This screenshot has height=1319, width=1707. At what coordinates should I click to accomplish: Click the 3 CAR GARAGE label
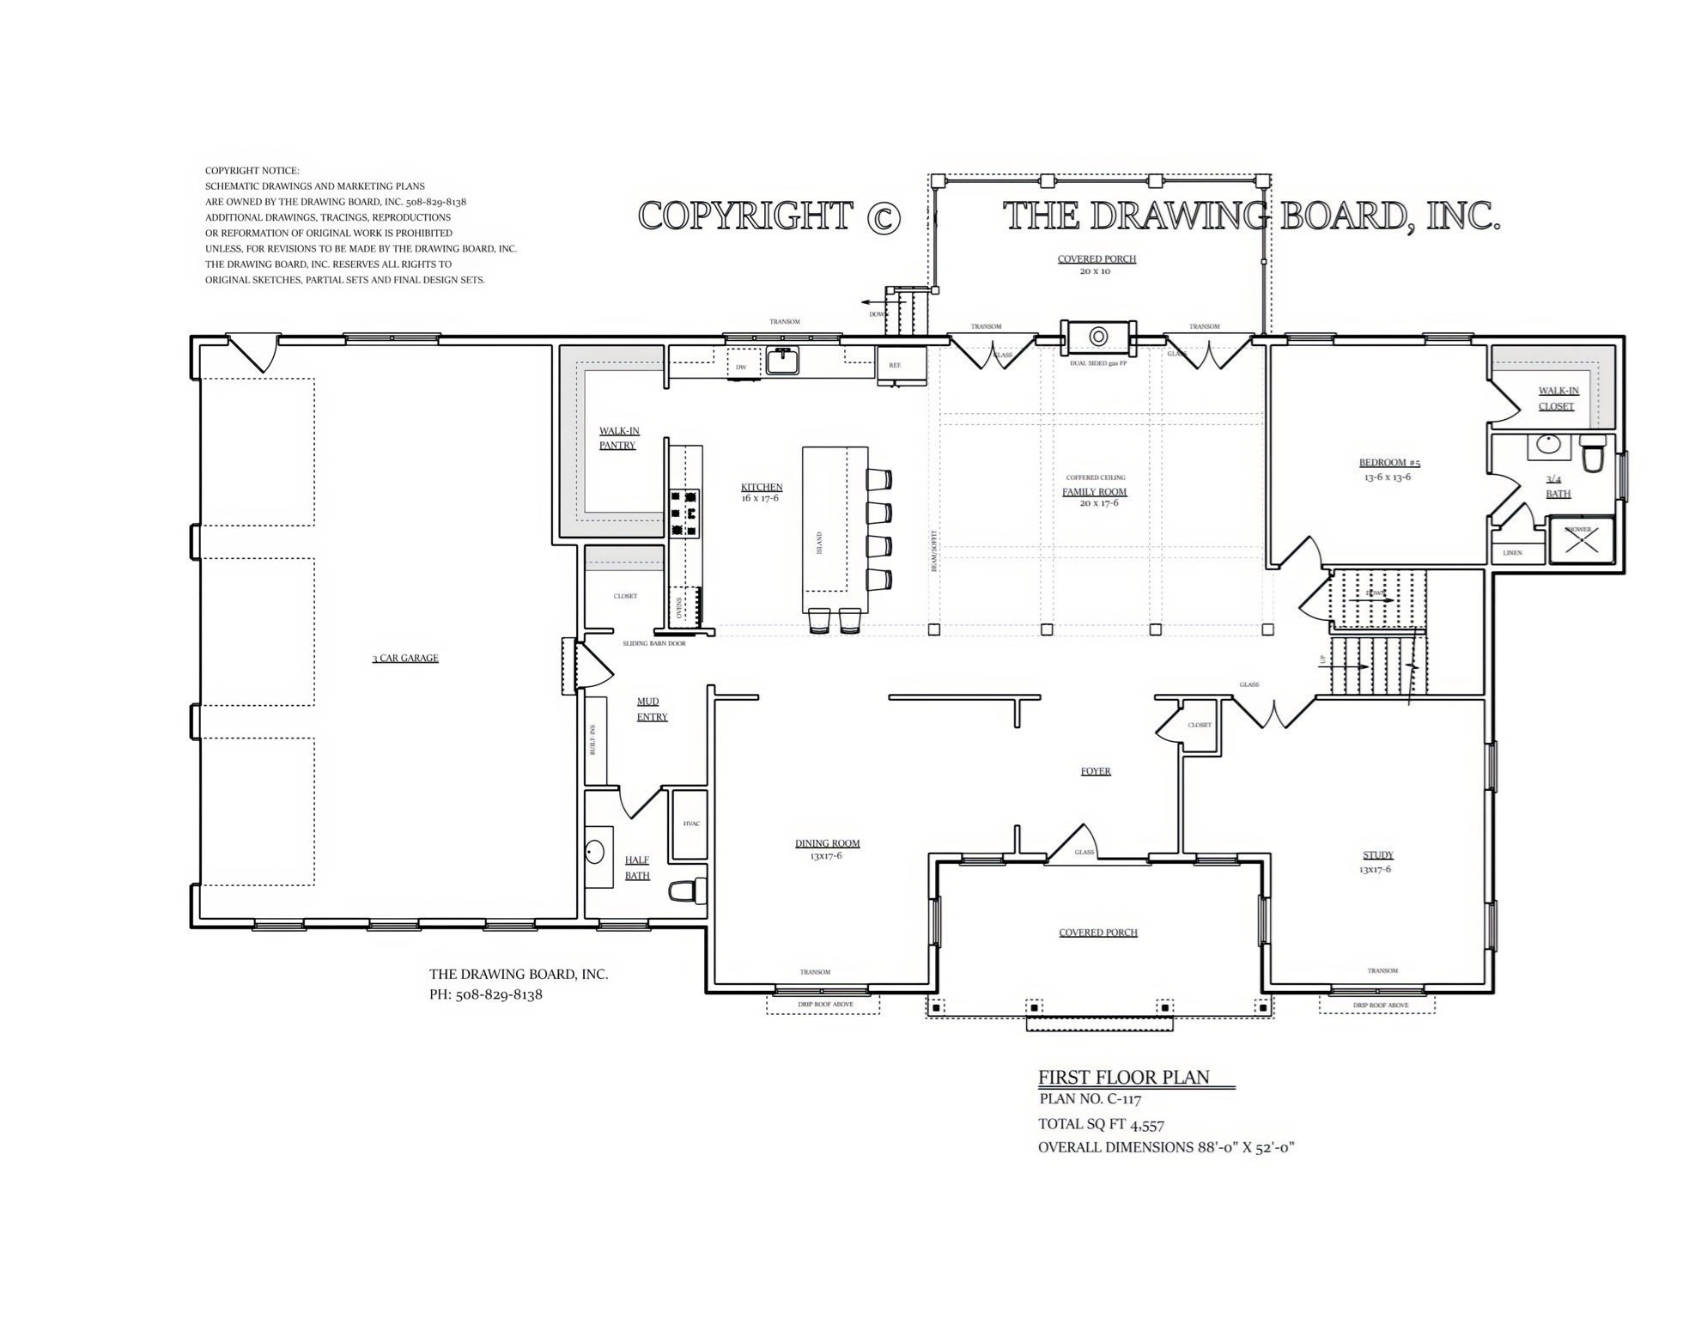(x=405, y=658)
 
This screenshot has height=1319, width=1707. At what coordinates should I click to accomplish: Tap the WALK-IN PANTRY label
(x=618, y=438)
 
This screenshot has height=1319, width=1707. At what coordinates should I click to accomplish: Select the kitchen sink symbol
(x=782, y=361)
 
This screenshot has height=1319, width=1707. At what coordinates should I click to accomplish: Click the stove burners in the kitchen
(x=684, y=514)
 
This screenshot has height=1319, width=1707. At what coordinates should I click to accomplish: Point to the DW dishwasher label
(x=741, y=367)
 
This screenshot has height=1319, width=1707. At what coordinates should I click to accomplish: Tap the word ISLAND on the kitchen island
(x=819, y=542)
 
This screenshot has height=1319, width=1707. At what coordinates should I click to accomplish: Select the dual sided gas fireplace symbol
(x=1098, y=336)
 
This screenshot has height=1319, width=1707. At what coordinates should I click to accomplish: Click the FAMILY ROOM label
(x=1095, y=492)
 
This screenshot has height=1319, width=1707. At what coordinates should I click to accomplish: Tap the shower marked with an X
(x=1581, y=540)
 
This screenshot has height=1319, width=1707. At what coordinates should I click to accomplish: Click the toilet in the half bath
(x=683, y=891)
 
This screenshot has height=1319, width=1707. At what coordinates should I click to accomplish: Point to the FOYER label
(x=1096, y=771)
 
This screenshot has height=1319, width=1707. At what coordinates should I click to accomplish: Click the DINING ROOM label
(x=827, y=843)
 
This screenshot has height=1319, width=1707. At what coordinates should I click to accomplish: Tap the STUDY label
(x=1378, y=854)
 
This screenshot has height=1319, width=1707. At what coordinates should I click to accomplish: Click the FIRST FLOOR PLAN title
(x=1123, y=1077)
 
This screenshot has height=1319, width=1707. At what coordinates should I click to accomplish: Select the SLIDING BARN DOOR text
(x=654, y=643)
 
